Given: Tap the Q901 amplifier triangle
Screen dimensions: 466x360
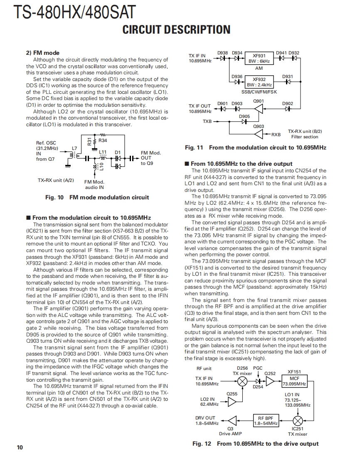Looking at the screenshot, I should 259,109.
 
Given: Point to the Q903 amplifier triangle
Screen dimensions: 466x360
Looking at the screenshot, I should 259,134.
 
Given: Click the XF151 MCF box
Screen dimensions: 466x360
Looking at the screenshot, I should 294,381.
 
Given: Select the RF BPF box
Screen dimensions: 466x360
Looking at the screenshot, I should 266,421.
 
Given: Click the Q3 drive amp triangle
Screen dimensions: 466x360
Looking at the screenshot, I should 231,420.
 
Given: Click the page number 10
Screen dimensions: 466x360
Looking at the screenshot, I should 20,447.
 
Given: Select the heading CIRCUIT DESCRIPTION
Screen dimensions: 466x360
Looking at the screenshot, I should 176,30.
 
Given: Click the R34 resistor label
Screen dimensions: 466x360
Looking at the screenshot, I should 103,141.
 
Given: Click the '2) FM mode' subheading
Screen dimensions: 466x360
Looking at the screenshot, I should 43,53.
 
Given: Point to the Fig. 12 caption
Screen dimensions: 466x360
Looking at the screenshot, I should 255,444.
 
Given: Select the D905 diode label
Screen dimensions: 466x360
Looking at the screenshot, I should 245,116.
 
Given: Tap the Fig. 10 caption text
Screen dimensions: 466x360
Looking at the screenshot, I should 97,197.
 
